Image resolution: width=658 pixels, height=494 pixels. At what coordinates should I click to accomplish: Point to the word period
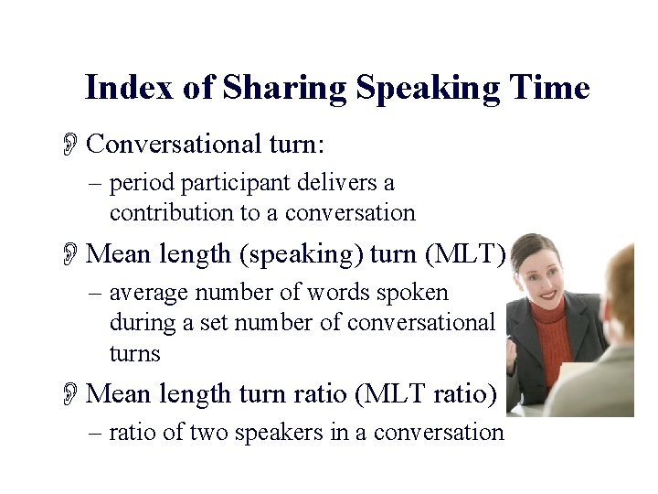click(142, 184)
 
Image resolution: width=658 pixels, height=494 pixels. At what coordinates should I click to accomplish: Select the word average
click(149, 293)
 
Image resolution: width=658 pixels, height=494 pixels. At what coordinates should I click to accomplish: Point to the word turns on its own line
click(134, 353)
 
